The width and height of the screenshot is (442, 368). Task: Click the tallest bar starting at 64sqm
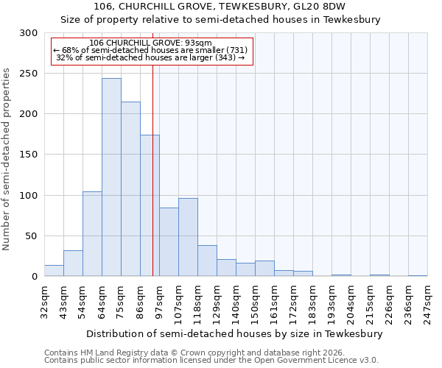(x=111, y=177)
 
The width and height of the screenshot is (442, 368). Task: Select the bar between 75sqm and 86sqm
(x=130, y=189)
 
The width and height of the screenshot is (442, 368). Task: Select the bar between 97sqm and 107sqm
(x=169, y=242)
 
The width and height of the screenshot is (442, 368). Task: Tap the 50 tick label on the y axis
(x=31, y=236)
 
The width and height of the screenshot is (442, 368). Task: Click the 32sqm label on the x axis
(x=44, y=302)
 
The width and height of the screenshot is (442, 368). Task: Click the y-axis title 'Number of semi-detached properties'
(x=7, y=159)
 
